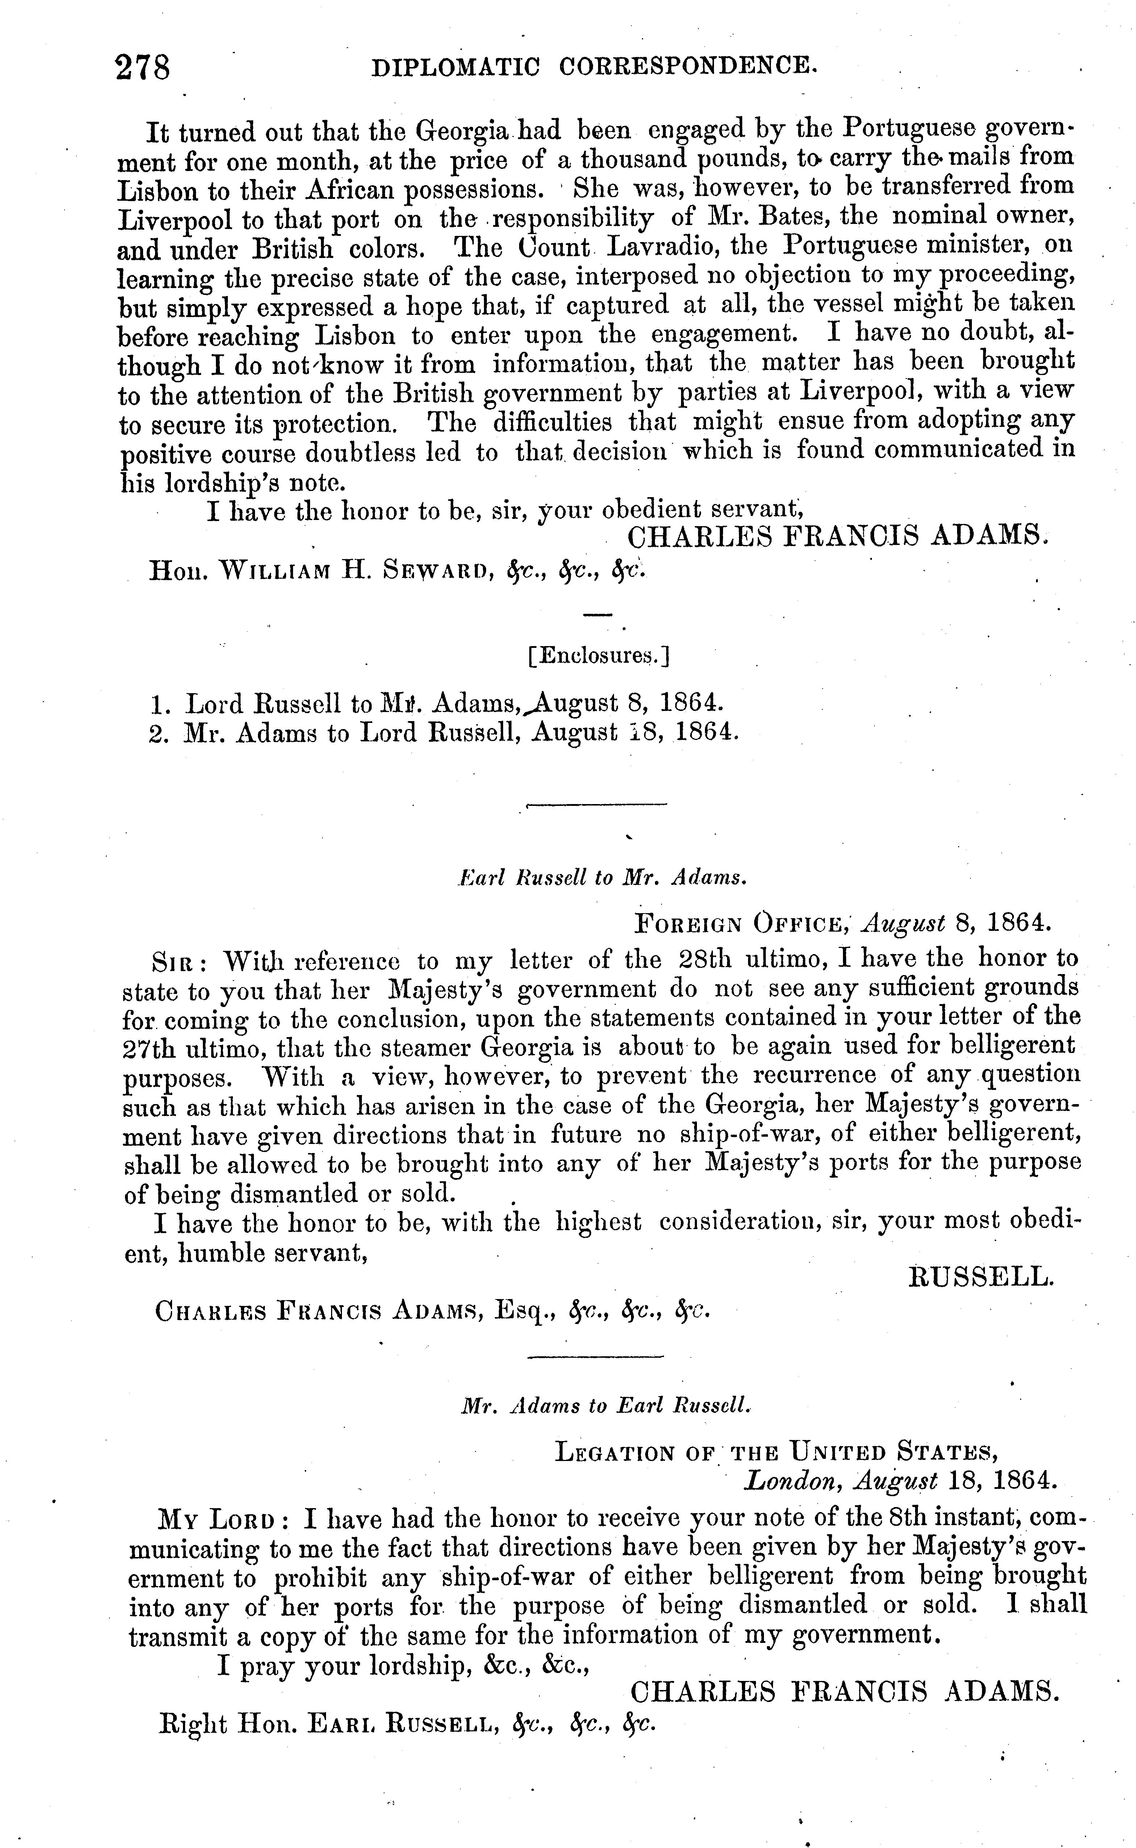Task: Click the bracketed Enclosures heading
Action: pyautogui.click(x=599, y=656)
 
